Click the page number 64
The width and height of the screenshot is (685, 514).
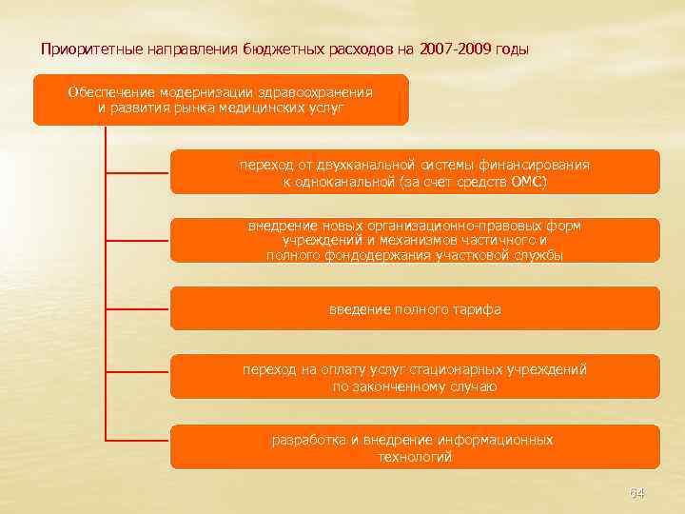click(x=636, y=493)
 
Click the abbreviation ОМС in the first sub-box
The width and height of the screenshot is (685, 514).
click(x=527, y=181)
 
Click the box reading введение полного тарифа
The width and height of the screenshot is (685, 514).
click(x=414, y=309)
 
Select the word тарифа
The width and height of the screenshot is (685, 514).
click(x=479, y=309)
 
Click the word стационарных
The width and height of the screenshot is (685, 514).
click(x=461, y=369)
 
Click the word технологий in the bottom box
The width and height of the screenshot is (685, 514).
click(x=414, y=457)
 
